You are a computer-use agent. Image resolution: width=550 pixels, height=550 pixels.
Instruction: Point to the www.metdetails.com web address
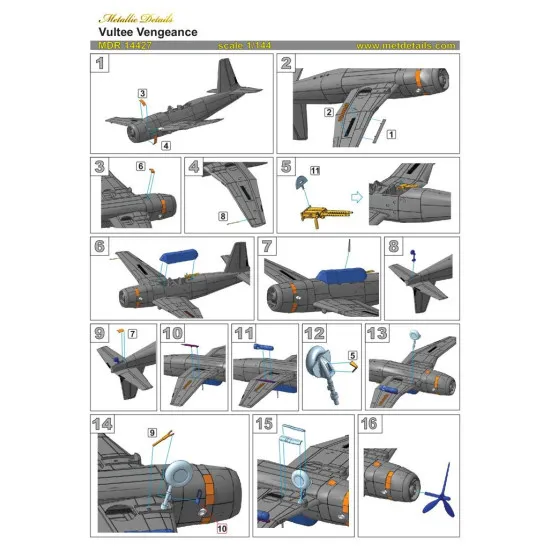[405, 45]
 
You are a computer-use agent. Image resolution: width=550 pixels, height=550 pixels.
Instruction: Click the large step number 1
[101, 66]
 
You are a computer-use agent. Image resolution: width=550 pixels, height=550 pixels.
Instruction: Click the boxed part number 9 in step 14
[152, 432]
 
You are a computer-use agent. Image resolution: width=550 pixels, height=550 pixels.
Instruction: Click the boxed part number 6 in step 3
[141, 166]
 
